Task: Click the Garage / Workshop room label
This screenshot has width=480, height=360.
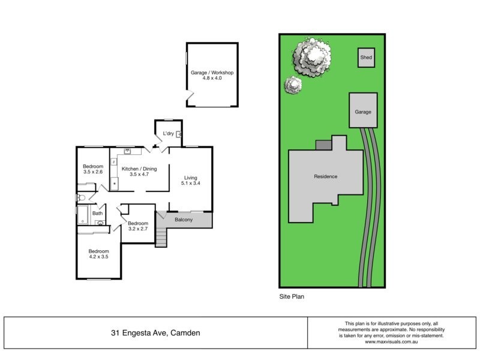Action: point(212,73)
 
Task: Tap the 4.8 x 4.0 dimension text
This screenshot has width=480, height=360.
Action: point(212,79)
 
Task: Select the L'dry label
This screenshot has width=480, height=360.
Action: point(168,133)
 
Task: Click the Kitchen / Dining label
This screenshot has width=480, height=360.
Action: point(139,169)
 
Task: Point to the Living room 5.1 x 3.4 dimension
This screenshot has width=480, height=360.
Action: point(191,184)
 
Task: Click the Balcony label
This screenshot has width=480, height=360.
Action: point(184,220)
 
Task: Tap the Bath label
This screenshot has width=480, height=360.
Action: point(97,213)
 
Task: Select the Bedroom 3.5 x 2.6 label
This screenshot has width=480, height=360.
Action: point(93,169)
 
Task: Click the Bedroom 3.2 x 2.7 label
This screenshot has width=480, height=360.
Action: point(138,226)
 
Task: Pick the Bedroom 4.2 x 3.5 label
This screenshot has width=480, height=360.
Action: point(98,254)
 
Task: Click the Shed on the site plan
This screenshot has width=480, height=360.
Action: point(366,58)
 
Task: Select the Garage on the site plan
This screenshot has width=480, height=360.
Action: point(363,112)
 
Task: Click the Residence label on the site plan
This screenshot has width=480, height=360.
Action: point(326,176)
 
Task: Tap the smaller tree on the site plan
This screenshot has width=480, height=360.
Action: point(293,85)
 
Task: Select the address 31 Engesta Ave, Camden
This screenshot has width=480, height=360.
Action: point(155,332)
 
